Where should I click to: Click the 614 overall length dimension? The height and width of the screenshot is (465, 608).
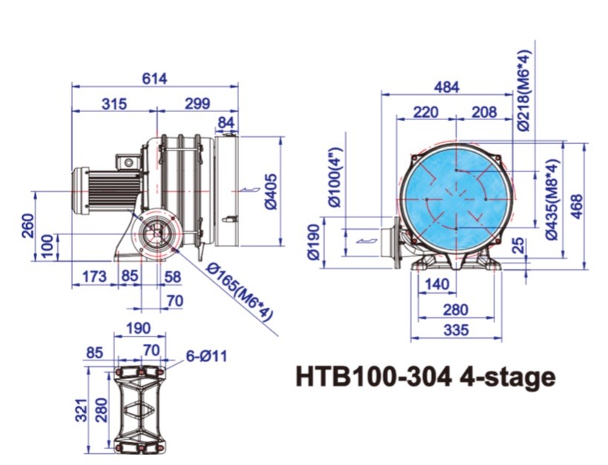tap(157, 78)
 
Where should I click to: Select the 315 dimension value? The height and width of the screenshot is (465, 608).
tap(114, 104)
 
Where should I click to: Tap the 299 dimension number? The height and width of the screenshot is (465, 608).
tap(197, 104)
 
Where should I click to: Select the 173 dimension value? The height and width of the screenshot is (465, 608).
tap(94, 277)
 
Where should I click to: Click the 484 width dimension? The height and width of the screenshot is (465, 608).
tap(446, 87)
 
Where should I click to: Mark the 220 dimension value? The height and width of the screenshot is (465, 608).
tap(426, 112)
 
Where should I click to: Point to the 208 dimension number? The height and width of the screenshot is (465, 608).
tap(484, 112)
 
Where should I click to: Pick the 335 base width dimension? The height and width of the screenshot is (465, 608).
tap(455, 330)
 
